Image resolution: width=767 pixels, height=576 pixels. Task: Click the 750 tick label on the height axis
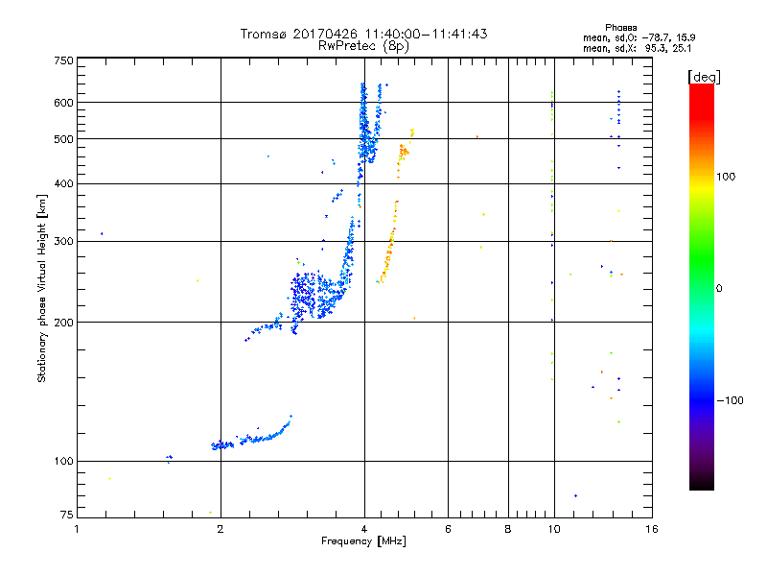(x=63, y=60)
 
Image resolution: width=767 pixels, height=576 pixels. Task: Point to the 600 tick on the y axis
(x=63, y=102)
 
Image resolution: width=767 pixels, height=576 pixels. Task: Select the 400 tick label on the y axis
(x=63, y=183)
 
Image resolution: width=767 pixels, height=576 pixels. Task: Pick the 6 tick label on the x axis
(x=448, y=529)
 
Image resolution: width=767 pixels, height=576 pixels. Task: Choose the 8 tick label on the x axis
(x=508, y=529)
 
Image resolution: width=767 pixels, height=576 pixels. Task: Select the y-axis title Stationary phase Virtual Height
(x=42, y=288)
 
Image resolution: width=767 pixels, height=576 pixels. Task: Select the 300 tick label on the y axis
(x=63, y=241)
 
